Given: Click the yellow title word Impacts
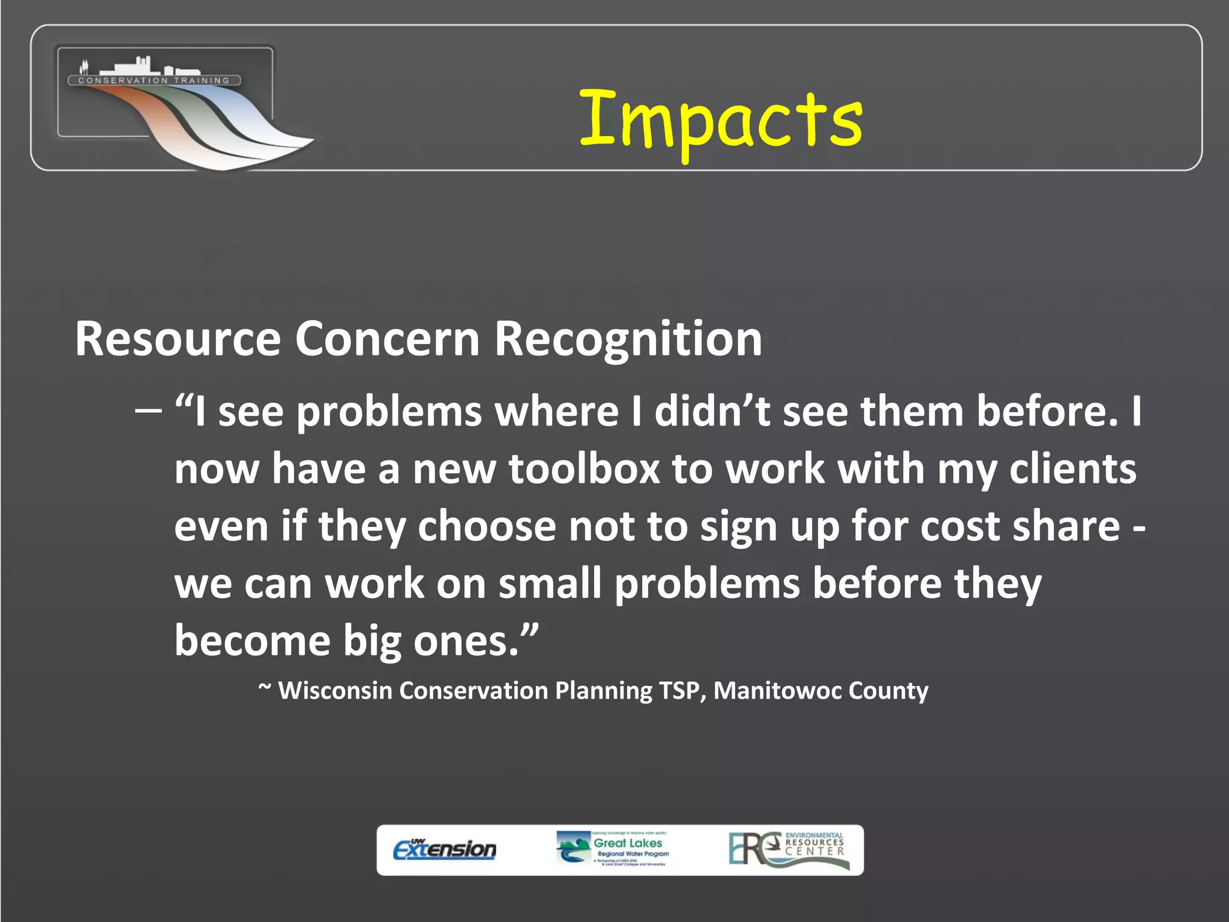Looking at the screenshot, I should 720,120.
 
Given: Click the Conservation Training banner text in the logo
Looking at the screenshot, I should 154,80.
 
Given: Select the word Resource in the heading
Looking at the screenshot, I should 178,339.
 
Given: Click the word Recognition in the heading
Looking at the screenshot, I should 628,339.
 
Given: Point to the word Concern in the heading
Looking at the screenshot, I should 387,339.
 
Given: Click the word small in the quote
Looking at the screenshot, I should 550,583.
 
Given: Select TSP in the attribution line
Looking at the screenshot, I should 681,691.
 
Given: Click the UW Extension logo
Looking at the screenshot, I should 445,849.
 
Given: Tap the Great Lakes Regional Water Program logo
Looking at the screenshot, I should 613,849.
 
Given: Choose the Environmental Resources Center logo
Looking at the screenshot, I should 789,849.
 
